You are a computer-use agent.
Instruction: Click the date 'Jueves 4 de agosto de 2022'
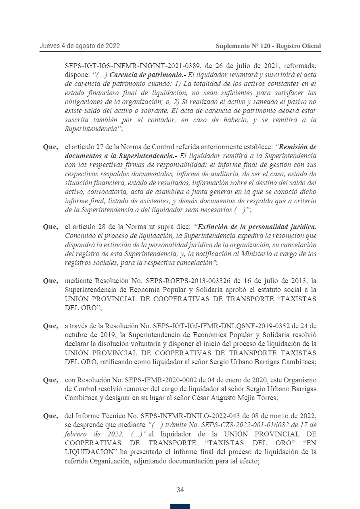coord(80,46)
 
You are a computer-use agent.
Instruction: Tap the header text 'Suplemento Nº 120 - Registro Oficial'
coord(268,46)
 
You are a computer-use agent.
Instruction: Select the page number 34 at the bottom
coord(180,490)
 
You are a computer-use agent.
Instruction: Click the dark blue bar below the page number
coord(180,506)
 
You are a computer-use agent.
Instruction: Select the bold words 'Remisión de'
coord(298,147)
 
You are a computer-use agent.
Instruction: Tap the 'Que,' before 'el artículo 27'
coord(50,147)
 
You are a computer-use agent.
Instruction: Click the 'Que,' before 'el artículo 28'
coord(50,227)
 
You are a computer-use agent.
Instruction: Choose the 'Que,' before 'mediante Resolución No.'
coord(50,281)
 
